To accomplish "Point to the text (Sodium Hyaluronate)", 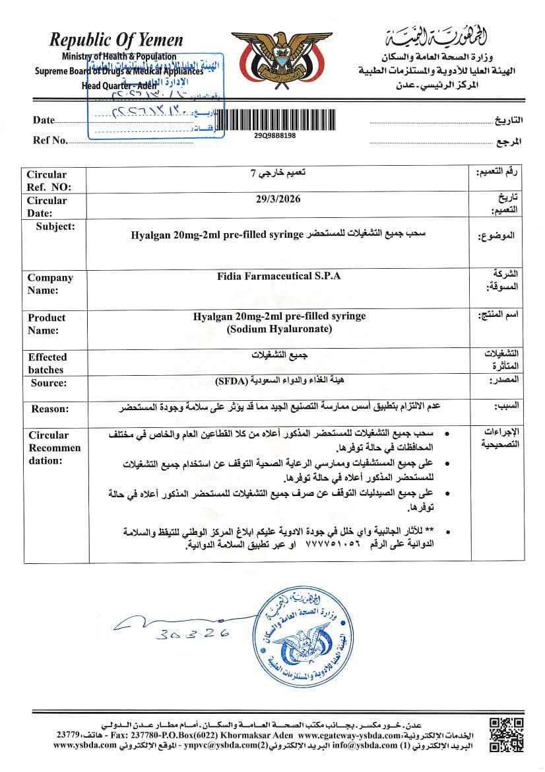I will click(x=279, y=329).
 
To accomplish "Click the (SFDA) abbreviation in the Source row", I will click(x=228, y=381).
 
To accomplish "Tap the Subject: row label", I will click(x=57, y=227).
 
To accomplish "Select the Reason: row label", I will click(x=49, y=409).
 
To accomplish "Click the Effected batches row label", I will click(x=47, y=363).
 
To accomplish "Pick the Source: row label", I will click(x=49, y=383).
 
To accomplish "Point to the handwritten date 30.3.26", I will click(x=193, y=634).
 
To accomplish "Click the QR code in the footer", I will click(x=507, y=733).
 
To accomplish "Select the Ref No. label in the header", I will click(x=50, y=140).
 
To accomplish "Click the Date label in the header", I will click(x=44, y=120).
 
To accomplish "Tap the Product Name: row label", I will click(x=47, y=324).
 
